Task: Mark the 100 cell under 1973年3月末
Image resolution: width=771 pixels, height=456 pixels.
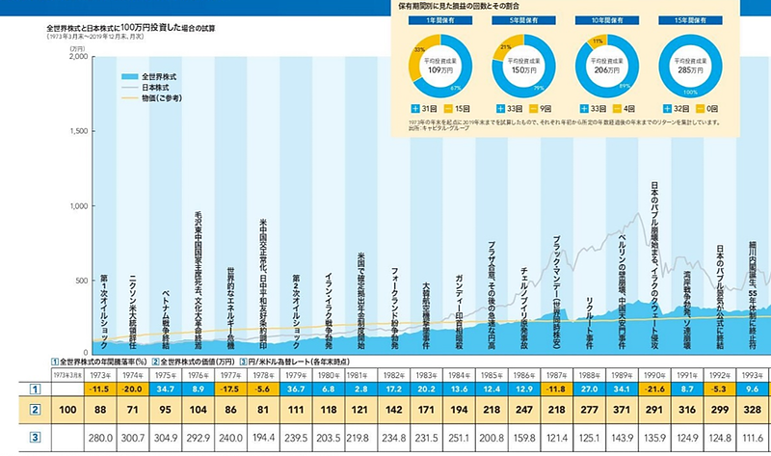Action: (58, 410)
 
